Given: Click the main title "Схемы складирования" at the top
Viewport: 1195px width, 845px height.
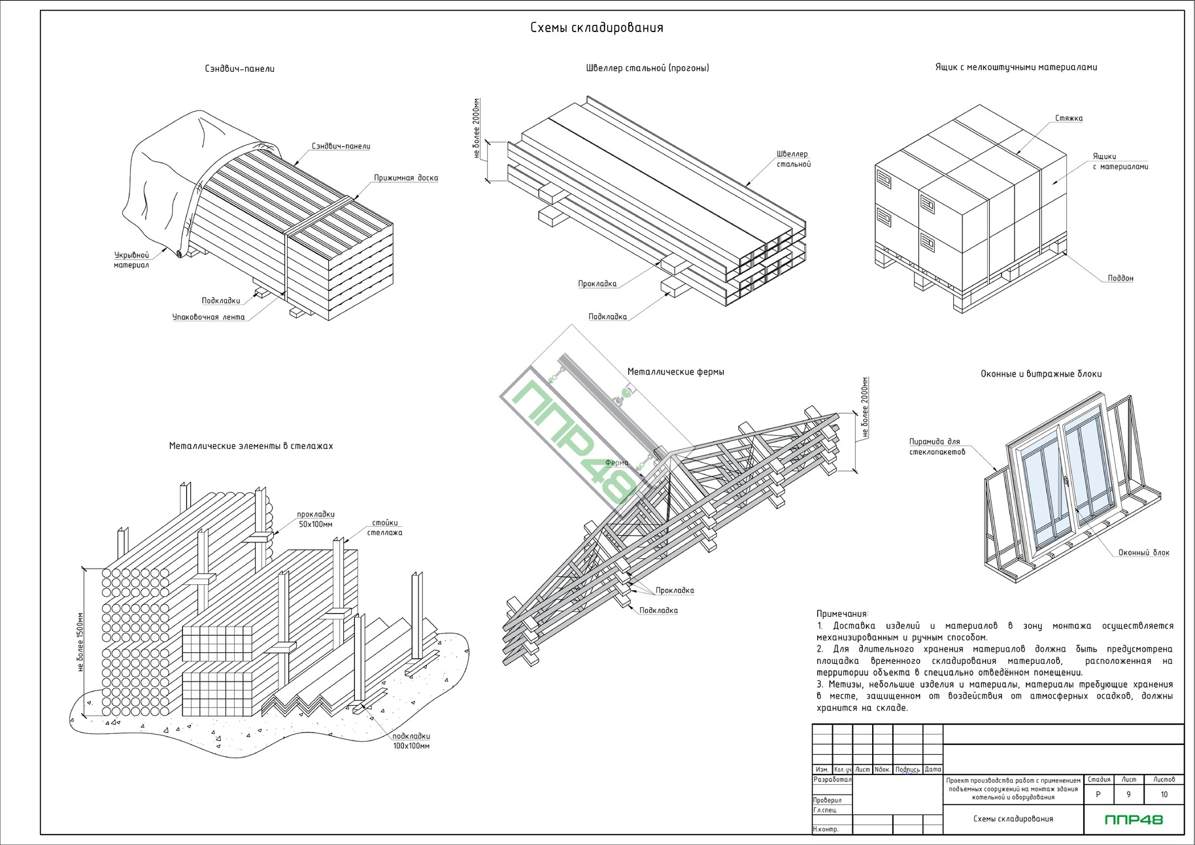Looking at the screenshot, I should pyautogui.click(x=596, y=27).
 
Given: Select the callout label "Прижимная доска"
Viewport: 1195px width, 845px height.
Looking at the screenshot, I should pyautogui.click(x=405, y=178).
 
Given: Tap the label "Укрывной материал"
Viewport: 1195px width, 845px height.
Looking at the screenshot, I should pyautogui.click(x=131, y=260).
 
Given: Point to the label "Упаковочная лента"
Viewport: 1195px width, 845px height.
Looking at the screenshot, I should pyautogui.click(x=209, y=317).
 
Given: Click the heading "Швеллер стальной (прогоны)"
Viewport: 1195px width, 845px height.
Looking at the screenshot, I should pyautogui.click(x=647, y=68).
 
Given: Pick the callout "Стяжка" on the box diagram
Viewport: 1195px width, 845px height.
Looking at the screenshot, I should pyautogui.click(x=1068, y=118).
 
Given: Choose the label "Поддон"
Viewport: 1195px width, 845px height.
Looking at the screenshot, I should pyautogui.click(x=1120, y=278).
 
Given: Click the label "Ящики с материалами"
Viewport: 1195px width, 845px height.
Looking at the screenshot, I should pyautogui.click(x=1120, y=161).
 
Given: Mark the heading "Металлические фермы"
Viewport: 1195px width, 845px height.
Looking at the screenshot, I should pyautogui.click(x=675, y=372).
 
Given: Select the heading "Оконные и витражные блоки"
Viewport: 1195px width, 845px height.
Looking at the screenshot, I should pyautogui.click(x=1041, y=374).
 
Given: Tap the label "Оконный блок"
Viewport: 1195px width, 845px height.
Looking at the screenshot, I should pyautogui.click(x=1143, y=553).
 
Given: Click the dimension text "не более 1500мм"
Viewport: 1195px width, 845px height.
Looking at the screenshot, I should pyautogui.click(x=80, y=642).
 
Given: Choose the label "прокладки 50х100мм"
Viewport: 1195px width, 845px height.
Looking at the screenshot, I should pyautogui.click(x=316, y=519).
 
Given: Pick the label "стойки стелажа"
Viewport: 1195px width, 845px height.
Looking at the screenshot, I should pyautogui.click(x=384, y=527).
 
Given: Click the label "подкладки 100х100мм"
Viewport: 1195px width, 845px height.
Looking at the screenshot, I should pyautogui.click(x=411, y=740).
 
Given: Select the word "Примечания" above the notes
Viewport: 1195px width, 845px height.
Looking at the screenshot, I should pyautogui.click(x=842, y=614).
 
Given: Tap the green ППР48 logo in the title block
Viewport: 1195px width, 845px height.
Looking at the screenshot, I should pyautogui.click(x=1134, y=819).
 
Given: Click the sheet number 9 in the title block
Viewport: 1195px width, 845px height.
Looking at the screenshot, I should pyautogui.click(x=1128, y=795).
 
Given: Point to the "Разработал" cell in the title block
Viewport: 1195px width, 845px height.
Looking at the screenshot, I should pyautogui.click(x=832, y=780).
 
